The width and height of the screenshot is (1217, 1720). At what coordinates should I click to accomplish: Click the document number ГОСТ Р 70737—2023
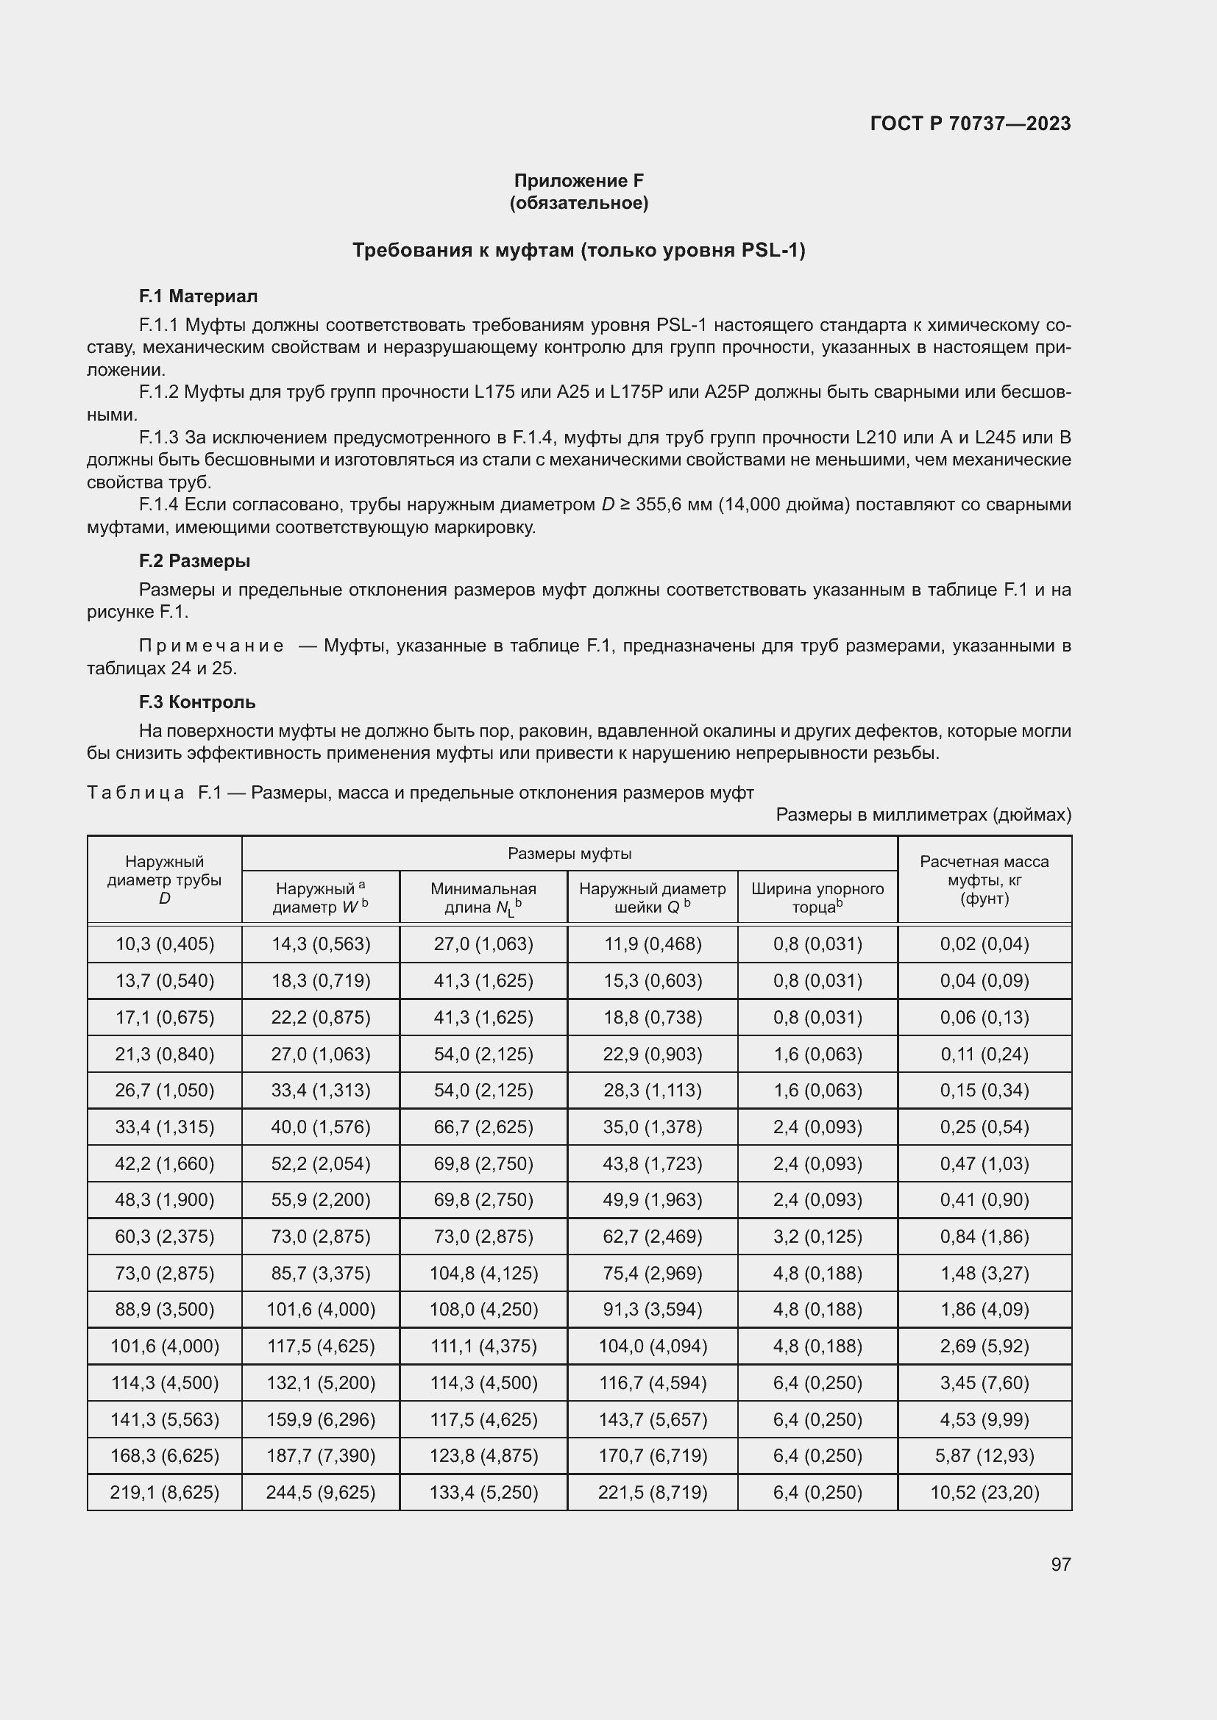(971, 124)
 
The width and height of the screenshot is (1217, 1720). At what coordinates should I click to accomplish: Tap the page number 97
(1060, 1564)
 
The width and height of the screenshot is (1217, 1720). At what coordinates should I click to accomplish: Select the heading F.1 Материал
(198, 296)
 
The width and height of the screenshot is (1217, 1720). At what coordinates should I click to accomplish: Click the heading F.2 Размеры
(194, 561)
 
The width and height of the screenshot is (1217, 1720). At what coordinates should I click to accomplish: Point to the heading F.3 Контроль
(197, 702)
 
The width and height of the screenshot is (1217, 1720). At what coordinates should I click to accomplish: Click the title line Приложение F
(578, 181)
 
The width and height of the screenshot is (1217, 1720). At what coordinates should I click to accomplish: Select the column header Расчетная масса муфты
(984, 879)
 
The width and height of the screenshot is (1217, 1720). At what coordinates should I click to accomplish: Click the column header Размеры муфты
(570, 853)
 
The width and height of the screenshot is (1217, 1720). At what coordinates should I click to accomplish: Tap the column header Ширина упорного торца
(817, 897)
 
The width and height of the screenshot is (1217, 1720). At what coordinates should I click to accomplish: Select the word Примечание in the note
(211, 646)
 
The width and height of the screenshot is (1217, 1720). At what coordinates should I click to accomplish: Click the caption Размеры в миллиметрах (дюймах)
(923, 814)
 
